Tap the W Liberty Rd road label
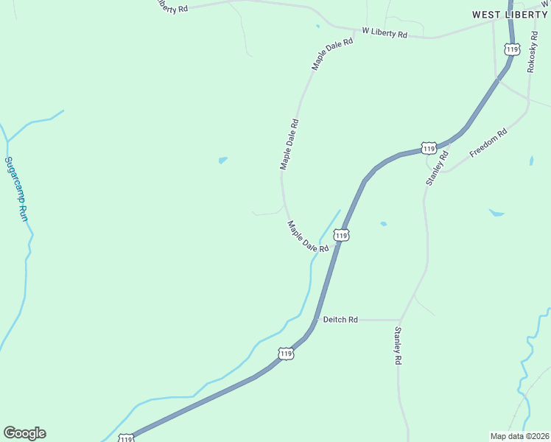[384, 33]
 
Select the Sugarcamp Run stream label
[15, 189]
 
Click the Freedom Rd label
[489, 144]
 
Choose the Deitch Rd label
[340, 320]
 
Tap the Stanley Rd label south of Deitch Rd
[398, 346]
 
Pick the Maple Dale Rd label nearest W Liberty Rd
[332, 54]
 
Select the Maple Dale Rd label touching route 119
[308, 237]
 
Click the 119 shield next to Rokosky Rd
[512, 49]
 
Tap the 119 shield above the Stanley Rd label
[429, 148]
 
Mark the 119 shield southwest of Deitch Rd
[286, 354]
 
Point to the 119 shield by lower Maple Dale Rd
[340, 235]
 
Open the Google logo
[24, 433]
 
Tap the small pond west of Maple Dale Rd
[222, 159]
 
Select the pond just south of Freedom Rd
[496, 213]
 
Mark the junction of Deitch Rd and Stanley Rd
[400, 320]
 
